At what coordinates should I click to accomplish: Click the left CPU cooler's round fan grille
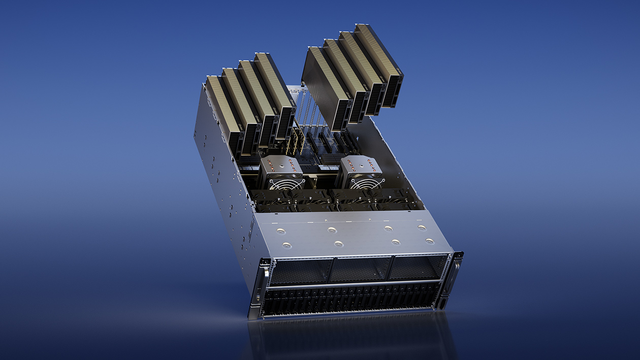[286, 183]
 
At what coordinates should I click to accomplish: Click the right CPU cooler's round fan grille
[367, 183]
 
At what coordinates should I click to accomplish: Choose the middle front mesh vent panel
[361, 269]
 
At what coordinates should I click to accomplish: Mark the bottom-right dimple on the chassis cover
[429, 241]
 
